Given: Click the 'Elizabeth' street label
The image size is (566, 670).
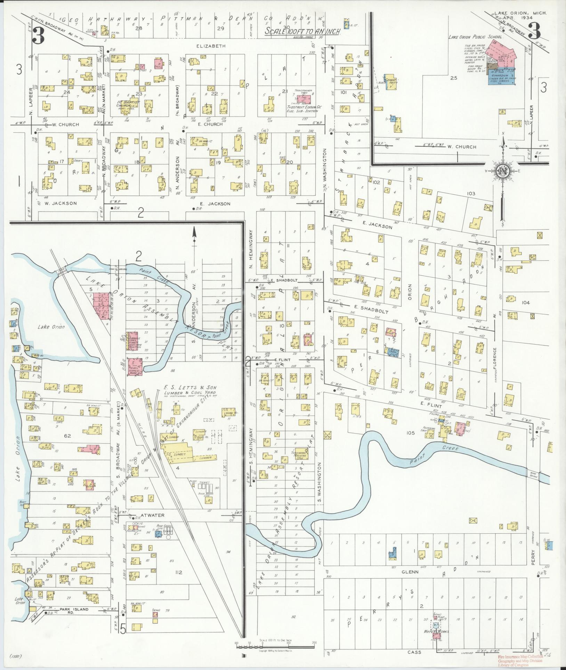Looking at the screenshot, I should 216,46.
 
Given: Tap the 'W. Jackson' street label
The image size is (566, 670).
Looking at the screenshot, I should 60,203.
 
